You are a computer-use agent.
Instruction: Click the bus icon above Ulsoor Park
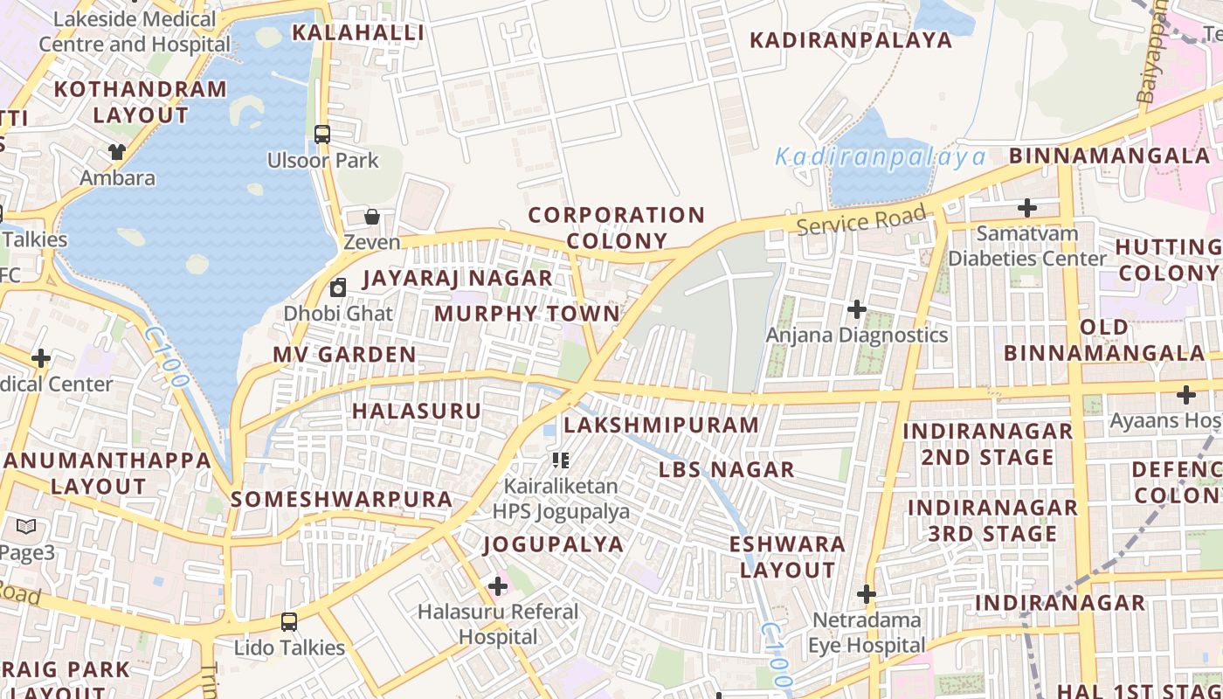click(322, 135)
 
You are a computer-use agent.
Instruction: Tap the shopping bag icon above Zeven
click(372, 217)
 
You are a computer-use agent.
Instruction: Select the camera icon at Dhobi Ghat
click(338, 287)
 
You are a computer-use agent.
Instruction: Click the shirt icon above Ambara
click(117, 151)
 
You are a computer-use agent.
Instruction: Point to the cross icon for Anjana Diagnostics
click(857, 309)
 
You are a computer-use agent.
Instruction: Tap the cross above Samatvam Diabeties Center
click(1027, 208)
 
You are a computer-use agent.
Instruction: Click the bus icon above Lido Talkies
click(289, 622)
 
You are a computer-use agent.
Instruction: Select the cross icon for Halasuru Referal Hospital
click(498, 585)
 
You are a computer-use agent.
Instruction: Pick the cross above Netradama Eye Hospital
click(866, 594)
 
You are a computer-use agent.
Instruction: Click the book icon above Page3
click(26, 527)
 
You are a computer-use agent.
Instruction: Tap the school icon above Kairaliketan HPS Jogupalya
click(561, 460)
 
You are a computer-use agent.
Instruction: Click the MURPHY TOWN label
click(527, 313)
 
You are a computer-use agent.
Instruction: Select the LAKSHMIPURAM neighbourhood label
click(661, 426)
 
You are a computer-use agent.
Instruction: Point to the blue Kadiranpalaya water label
click(881, 157)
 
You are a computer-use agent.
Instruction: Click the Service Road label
click(861, 220)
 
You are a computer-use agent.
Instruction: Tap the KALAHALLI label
click(358, 33)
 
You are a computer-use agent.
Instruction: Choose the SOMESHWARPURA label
click(342, 500)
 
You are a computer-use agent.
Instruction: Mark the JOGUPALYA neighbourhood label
click(554, 544)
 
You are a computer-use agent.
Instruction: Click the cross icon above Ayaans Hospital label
click(1185, 395)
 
